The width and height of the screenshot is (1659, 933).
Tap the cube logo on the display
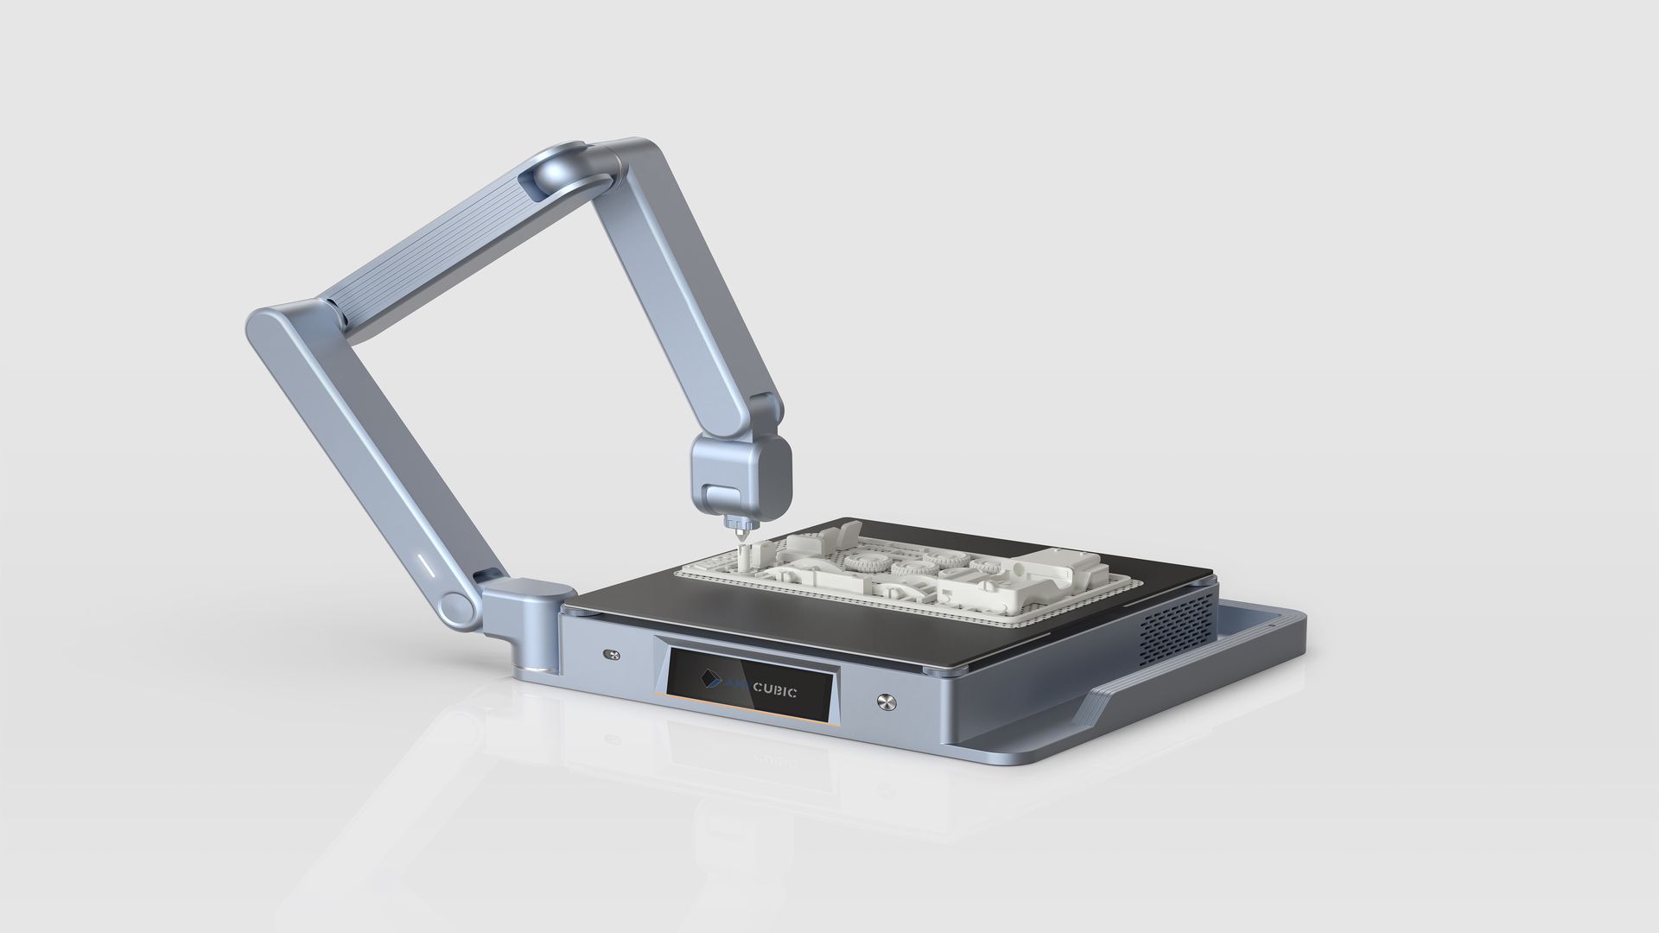710,681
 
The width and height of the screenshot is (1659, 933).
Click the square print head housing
741,475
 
